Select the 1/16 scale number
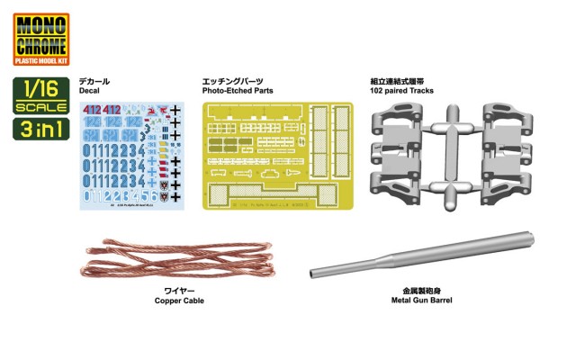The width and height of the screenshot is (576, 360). pos(40,90)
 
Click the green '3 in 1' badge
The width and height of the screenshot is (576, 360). pos(40,128)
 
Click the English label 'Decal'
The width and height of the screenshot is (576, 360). pos(94,91)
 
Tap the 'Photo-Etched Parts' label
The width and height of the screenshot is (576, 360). pos(238,91)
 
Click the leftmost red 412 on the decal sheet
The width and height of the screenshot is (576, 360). pos(95,110)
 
